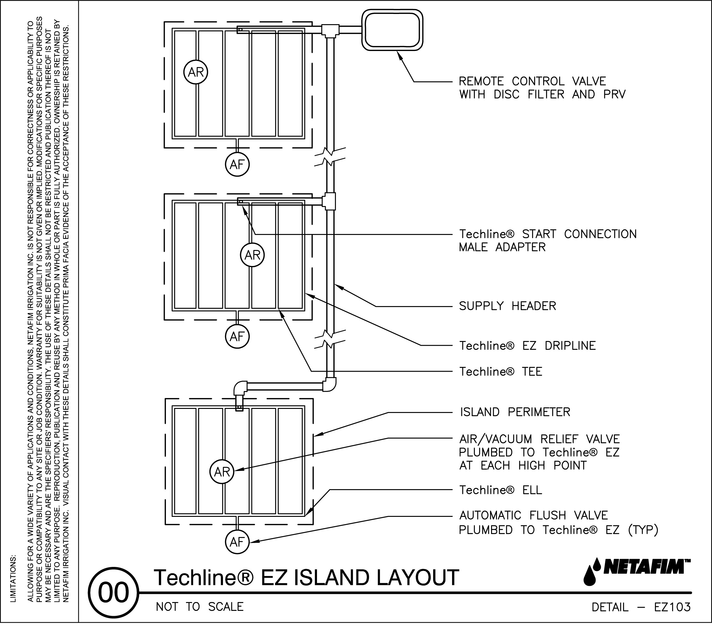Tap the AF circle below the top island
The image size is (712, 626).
click(x=237, y=164)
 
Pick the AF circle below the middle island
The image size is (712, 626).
click(x=237, y=336)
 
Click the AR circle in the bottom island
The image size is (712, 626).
click(x=222, y=472)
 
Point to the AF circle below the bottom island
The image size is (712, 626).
click(x=237, y=542)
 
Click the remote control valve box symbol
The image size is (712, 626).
click(x=392, y=30)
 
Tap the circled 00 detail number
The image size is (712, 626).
click(x=113, y=593)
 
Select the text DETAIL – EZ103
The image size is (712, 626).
click(x=641, y=607)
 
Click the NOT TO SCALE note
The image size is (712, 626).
click(x=200, y=607)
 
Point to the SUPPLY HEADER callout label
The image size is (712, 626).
click(x=507, y=306)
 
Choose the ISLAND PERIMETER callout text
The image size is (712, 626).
click(x=515, y=412)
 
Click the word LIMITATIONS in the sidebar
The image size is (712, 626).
click(x=13, y=578)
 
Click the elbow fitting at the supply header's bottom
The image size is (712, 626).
click(x=329, y=384)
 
